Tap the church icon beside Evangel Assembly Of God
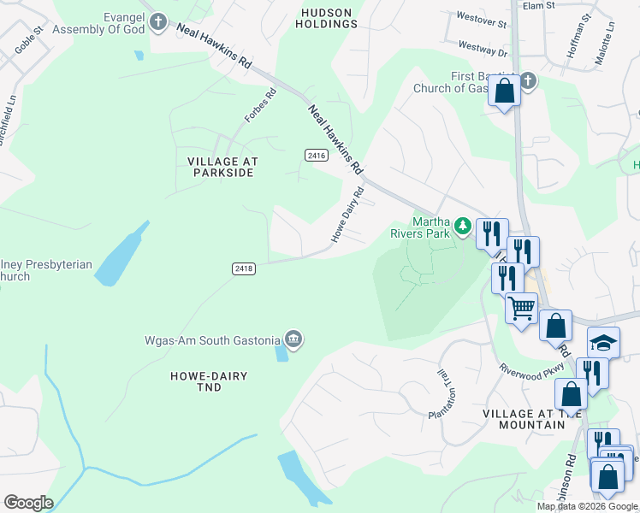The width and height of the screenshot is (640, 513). (x=158, y=22)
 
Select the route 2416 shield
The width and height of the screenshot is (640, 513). (x=316, y=154)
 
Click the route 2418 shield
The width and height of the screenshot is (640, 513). (x=243, y=268)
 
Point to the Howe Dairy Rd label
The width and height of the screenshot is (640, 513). (x=348, y=213)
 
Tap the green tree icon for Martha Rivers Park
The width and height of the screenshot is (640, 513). (x=463, y=226)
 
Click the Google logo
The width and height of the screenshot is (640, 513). (x=27, y=503)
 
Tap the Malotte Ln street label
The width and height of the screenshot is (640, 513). (x=610, y=38)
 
